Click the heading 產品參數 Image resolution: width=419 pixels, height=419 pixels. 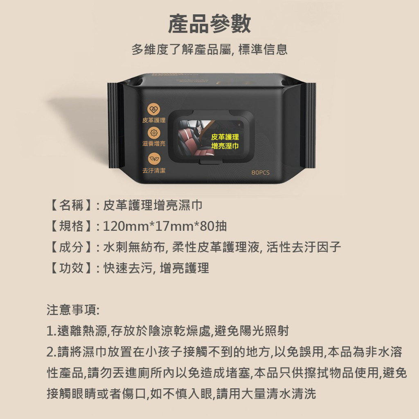tap(209, 24)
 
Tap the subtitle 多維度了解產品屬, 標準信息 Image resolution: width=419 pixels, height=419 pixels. tap(209, 50)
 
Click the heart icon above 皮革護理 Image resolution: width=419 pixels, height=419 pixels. tap(154, 109)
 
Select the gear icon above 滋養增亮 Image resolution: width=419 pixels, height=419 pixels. tap(154, 133)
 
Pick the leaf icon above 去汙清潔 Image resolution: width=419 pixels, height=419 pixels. tap(154, 159)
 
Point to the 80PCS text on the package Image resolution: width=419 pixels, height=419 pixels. tap(260, 172)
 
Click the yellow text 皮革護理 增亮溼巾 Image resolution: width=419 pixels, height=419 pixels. tap(225, 142)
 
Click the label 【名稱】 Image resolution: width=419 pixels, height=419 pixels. tap(71, 205)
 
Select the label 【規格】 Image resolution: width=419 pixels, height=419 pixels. tap(71, 226)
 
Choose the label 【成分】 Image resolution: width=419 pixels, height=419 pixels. tap(71, 247)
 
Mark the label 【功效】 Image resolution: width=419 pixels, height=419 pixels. tap(71, 268)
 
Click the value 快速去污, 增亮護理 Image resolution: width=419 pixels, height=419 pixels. tap(156, 268)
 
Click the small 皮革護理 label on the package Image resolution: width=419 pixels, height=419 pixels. tap(154, 120)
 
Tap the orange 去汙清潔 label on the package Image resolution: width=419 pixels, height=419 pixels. tap(154, 170)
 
